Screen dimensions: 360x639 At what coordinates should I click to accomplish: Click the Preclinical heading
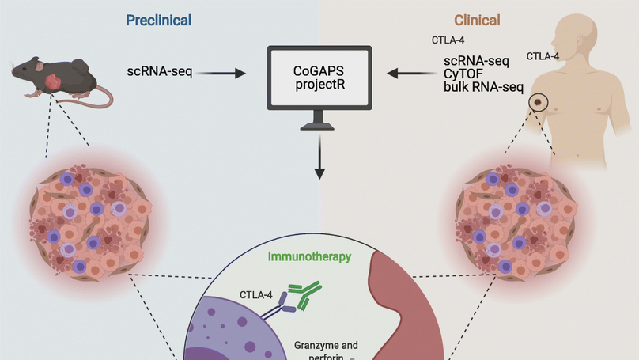[159, 19]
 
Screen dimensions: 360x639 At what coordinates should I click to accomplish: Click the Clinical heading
[477, 19]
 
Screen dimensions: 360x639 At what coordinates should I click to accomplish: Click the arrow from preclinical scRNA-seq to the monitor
[221, 74]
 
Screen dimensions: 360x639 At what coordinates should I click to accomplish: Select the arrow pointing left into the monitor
[411, 74]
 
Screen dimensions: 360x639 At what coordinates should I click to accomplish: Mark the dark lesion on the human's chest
[539, 102]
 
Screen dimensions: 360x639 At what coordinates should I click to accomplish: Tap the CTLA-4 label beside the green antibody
[257, 295]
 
